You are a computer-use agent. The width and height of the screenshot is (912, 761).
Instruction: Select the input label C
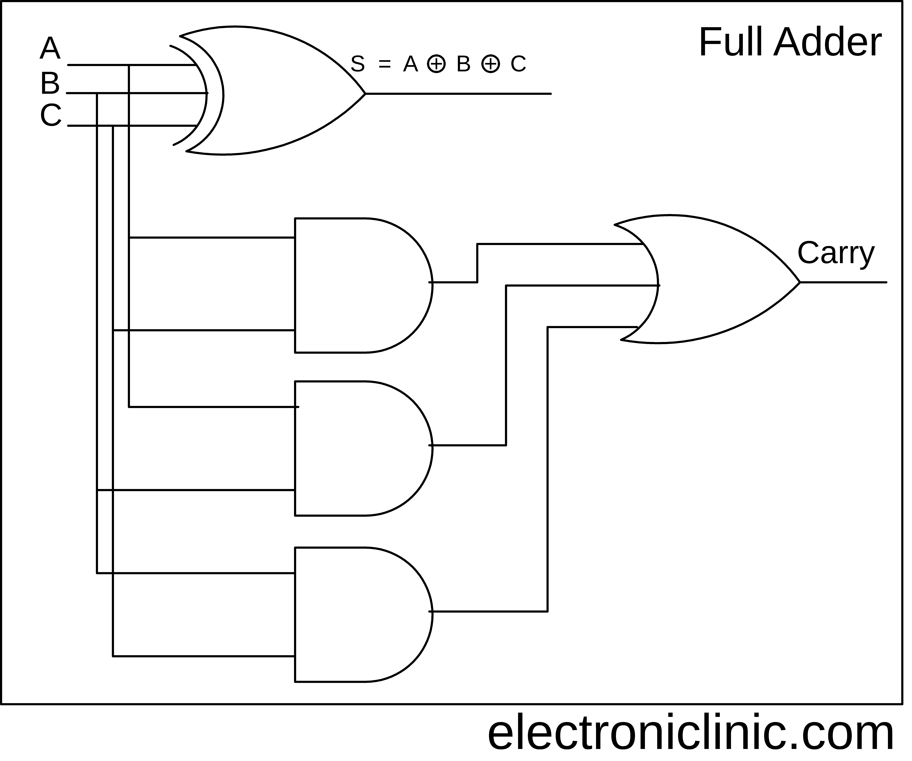51,115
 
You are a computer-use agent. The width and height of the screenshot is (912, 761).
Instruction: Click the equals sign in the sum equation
385,64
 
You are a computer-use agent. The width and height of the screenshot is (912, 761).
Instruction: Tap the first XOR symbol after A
436,64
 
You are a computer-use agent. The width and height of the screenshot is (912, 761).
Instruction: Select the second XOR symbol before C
491,64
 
